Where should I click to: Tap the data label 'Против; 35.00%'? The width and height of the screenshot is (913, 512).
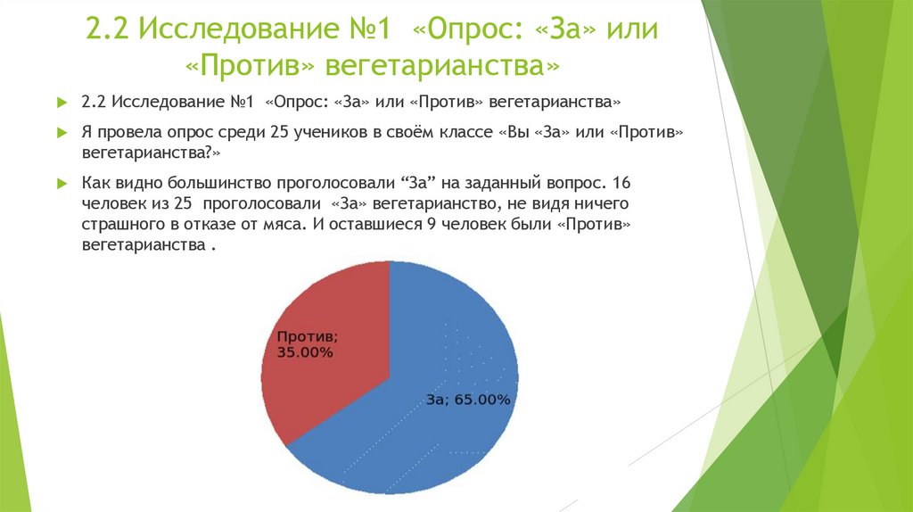pos(306,344)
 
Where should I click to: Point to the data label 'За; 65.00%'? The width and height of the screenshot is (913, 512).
pos(467,401)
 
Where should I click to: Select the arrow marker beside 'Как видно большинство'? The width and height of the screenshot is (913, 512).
pos(62,183)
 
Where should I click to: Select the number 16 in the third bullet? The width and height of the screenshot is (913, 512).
pos(622,183)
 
